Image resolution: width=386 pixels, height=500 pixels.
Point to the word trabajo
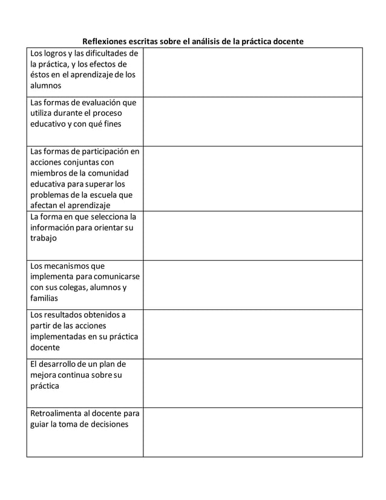44,238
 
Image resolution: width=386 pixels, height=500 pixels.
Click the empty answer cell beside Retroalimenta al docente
252,432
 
